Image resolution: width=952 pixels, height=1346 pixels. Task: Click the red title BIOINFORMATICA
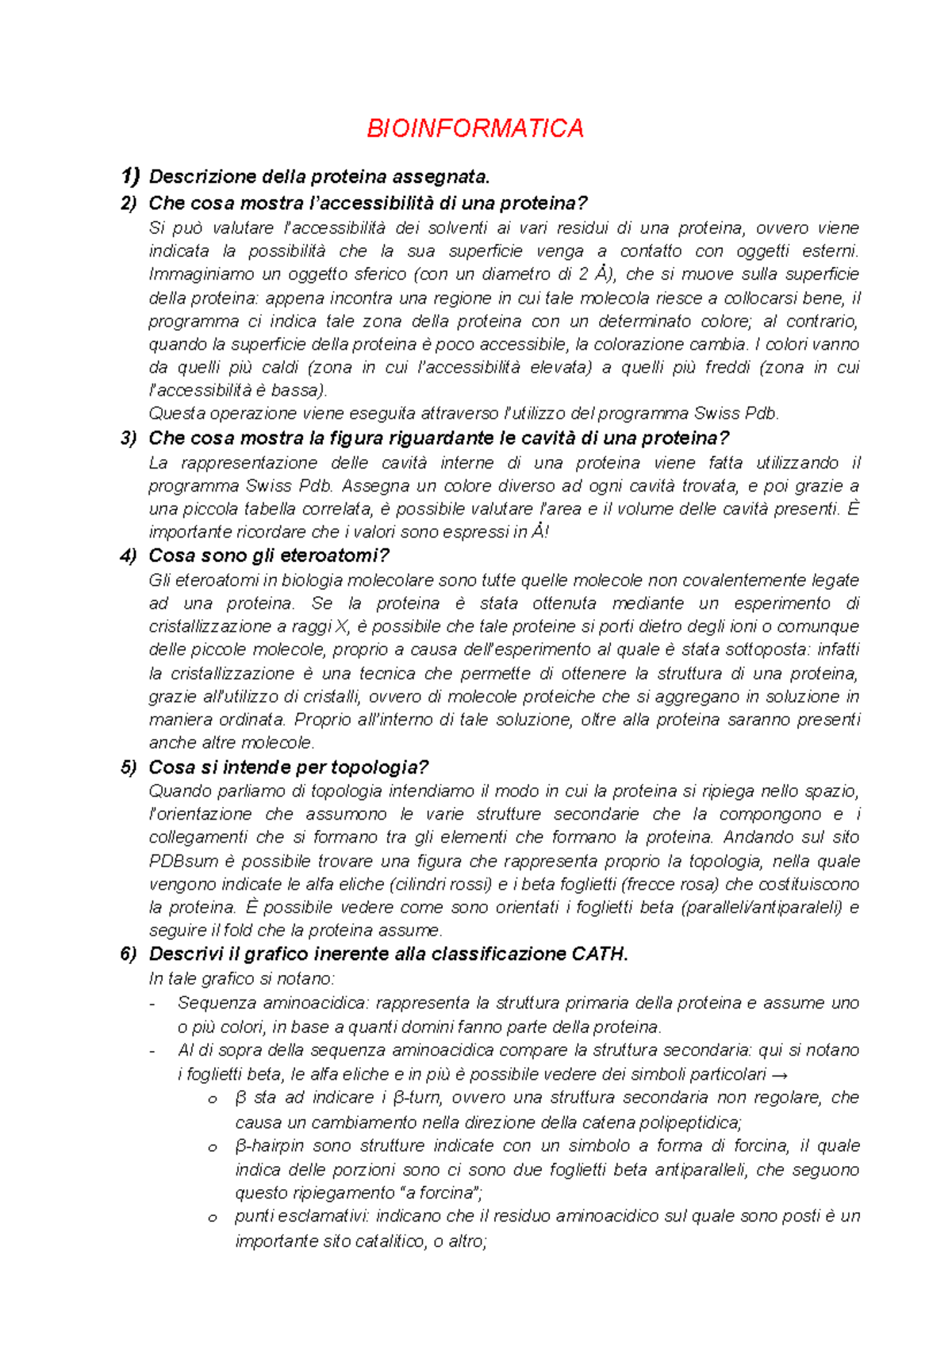[474, 128]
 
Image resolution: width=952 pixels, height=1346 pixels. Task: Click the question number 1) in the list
[129, 176]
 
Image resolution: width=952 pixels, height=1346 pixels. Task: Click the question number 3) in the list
[129, 438]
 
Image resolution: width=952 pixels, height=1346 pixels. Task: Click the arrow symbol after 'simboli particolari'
[780, 1075]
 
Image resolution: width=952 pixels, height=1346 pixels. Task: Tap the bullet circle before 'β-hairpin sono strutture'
[212, 1148]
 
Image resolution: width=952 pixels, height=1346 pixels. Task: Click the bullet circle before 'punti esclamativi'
[212, 1218]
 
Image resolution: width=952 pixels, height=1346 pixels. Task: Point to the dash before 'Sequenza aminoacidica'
[152, 1004]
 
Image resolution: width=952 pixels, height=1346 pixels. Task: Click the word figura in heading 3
[355, 438]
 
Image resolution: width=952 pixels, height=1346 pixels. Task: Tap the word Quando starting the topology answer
[176, 791]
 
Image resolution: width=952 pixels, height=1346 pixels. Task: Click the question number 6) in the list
[129, 954]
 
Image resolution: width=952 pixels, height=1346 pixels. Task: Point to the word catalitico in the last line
[386, 1242]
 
